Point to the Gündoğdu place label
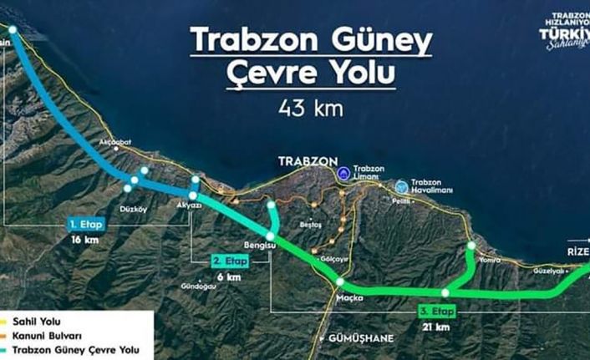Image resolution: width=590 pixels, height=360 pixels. tap(197, 286)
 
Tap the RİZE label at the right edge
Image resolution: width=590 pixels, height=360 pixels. tap(573, 250)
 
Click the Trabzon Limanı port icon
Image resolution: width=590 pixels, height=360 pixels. tap(343, 173)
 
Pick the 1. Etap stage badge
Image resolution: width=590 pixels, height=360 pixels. tap(85, 224)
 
